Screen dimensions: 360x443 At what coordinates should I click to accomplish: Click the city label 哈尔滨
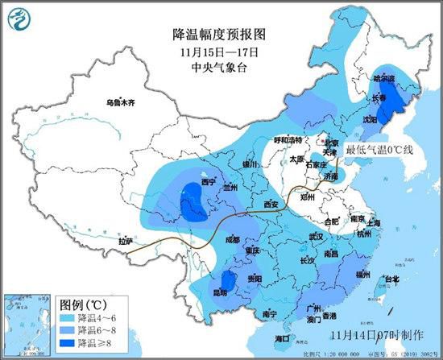(384, 79)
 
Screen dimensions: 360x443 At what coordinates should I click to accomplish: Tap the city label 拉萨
(125, 241)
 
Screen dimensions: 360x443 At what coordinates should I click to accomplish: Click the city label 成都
(233, 238)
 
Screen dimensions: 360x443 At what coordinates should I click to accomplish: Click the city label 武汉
(315, 237)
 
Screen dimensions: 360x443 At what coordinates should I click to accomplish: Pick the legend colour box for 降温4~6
(68, 318)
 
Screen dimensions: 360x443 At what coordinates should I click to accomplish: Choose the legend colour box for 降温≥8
(68, 343)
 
